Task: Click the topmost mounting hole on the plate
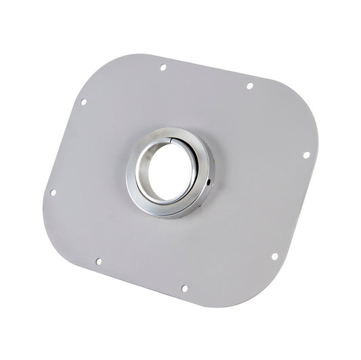(163, 67)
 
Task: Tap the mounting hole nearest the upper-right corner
(249, 86)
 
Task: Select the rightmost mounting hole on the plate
(306, 154)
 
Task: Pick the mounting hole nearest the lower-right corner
(274, 256)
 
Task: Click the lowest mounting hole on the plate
(184, 288)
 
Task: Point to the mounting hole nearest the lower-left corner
(98, 261)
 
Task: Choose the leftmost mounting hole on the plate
(53, 192)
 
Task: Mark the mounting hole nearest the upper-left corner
(83, 102)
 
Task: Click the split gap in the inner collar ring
(177, 137)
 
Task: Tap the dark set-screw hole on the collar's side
(209, 181)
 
